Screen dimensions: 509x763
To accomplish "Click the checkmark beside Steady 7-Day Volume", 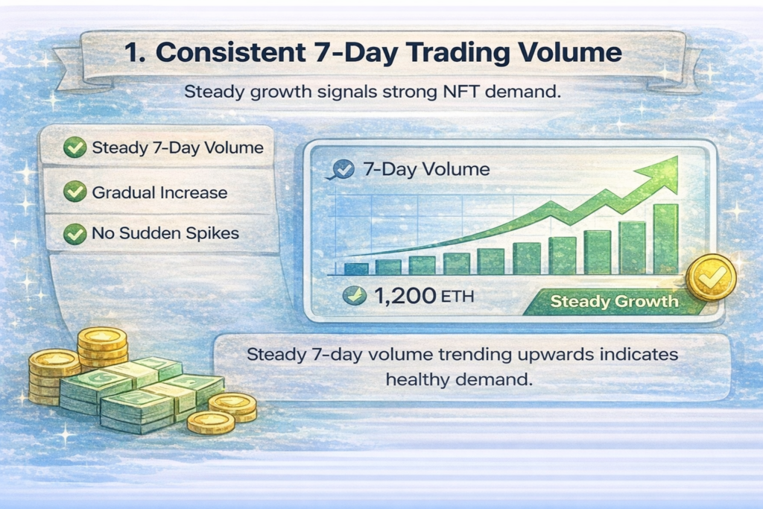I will click(74, 148).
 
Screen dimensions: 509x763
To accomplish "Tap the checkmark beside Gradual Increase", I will click(74, 192).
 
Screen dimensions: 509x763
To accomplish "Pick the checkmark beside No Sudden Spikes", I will click(74, 234).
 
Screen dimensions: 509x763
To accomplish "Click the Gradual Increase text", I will click(159, 192).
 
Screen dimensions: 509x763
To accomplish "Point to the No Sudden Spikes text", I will click(165, 234).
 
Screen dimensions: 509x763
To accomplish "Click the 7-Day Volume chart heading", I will click(425, 169).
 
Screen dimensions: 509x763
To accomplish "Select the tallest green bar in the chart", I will click(665, 238).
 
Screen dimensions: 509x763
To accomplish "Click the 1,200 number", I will click(405, 297).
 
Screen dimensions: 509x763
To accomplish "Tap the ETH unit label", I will click(457, 297).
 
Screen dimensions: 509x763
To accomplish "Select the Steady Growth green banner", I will click(614, 302).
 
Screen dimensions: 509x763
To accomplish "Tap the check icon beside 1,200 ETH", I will click(353, 297).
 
